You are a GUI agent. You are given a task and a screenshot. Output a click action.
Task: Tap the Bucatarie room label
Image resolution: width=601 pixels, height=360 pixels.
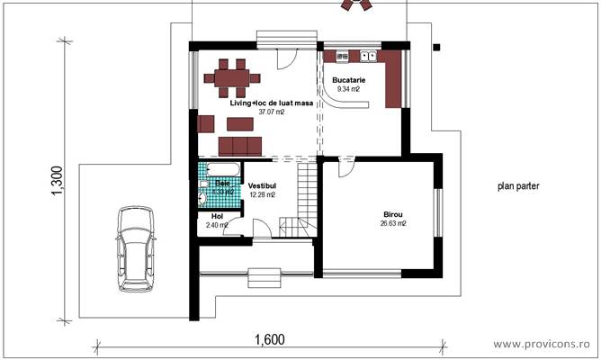tap(348, 80)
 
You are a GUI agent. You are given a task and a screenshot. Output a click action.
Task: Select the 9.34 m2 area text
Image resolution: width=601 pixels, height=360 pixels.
tap(348, 90)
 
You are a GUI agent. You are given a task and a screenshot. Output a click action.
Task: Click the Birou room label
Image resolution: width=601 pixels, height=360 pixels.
tap(393, 213)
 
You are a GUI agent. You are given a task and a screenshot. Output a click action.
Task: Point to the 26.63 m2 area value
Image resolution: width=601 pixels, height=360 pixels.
tap(393, 223)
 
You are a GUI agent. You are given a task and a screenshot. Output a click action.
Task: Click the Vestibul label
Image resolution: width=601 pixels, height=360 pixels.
tap(262, 185)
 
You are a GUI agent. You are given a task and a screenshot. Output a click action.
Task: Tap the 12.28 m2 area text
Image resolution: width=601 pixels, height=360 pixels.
tap(262, 194)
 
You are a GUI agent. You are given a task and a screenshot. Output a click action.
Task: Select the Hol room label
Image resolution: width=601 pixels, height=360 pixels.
tap(216, 216)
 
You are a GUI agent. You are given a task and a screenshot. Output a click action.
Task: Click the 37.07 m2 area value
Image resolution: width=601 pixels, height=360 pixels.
tap(271, 112)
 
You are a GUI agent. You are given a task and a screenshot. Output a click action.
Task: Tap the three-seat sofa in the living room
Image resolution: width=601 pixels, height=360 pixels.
tap(239, 146)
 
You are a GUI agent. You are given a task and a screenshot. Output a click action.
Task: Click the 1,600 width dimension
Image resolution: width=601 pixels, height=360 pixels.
tap(268, 339)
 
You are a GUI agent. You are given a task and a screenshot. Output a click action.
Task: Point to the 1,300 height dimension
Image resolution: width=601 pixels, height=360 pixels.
tap(56, 181)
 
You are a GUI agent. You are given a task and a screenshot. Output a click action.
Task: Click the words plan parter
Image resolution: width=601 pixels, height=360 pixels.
tap(518, 186)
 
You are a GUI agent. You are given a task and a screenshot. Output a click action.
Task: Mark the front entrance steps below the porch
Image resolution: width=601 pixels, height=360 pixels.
tap(264, 277)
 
